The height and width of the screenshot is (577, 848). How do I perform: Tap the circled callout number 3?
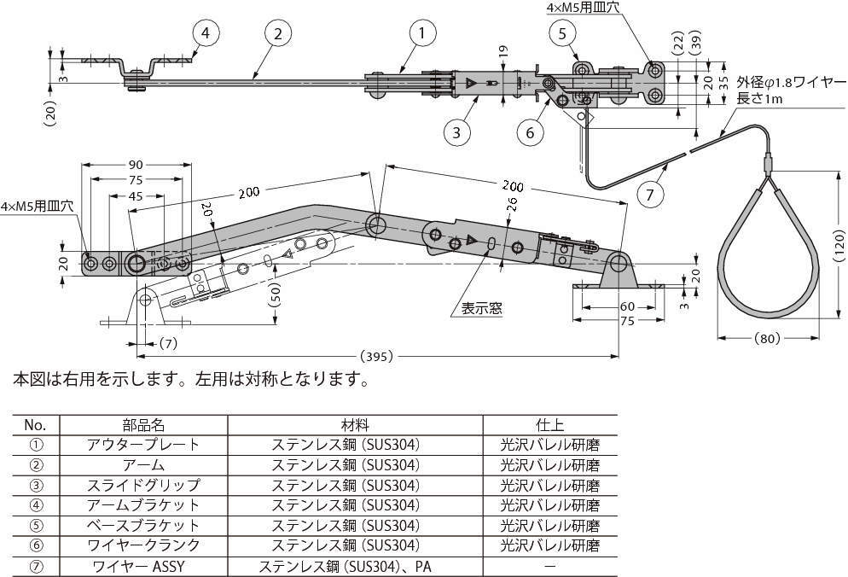click(457, 131)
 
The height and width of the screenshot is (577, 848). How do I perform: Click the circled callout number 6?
click(530, 131)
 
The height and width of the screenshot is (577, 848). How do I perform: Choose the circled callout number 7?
click(650, 195)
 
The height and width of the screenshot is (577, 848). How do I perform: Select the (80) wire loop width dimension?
click(767, 339)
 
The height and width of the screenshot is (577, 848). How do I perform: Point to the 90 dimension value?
click(136, 164)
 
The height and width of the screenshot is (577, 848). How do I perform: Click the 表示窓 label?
click(482, 308)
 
